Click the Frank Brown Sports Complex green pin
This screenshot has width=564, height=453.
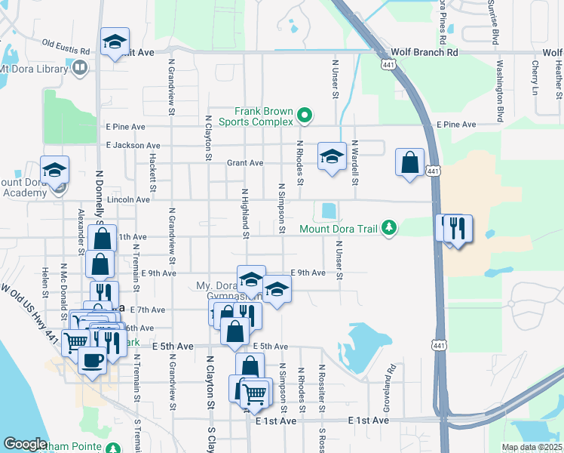point(305,116)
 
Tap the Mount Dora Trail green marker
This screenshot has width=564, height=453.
point(389,227)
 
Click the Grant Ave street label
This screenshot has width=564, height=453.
point(245,162)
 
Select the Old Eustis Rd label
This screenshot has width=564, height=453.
point(66,47)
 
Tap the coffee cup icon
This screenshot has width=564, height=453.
point(92,359)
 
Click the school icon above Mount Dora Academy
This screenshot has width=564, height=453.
point(54,170)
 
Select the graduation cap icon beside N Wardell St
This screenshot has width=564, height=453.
point(332,156)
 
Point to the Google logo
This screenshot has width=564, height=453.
point(25,444)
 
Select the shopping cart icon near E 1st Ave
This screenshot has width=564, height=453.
point(255,392)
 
